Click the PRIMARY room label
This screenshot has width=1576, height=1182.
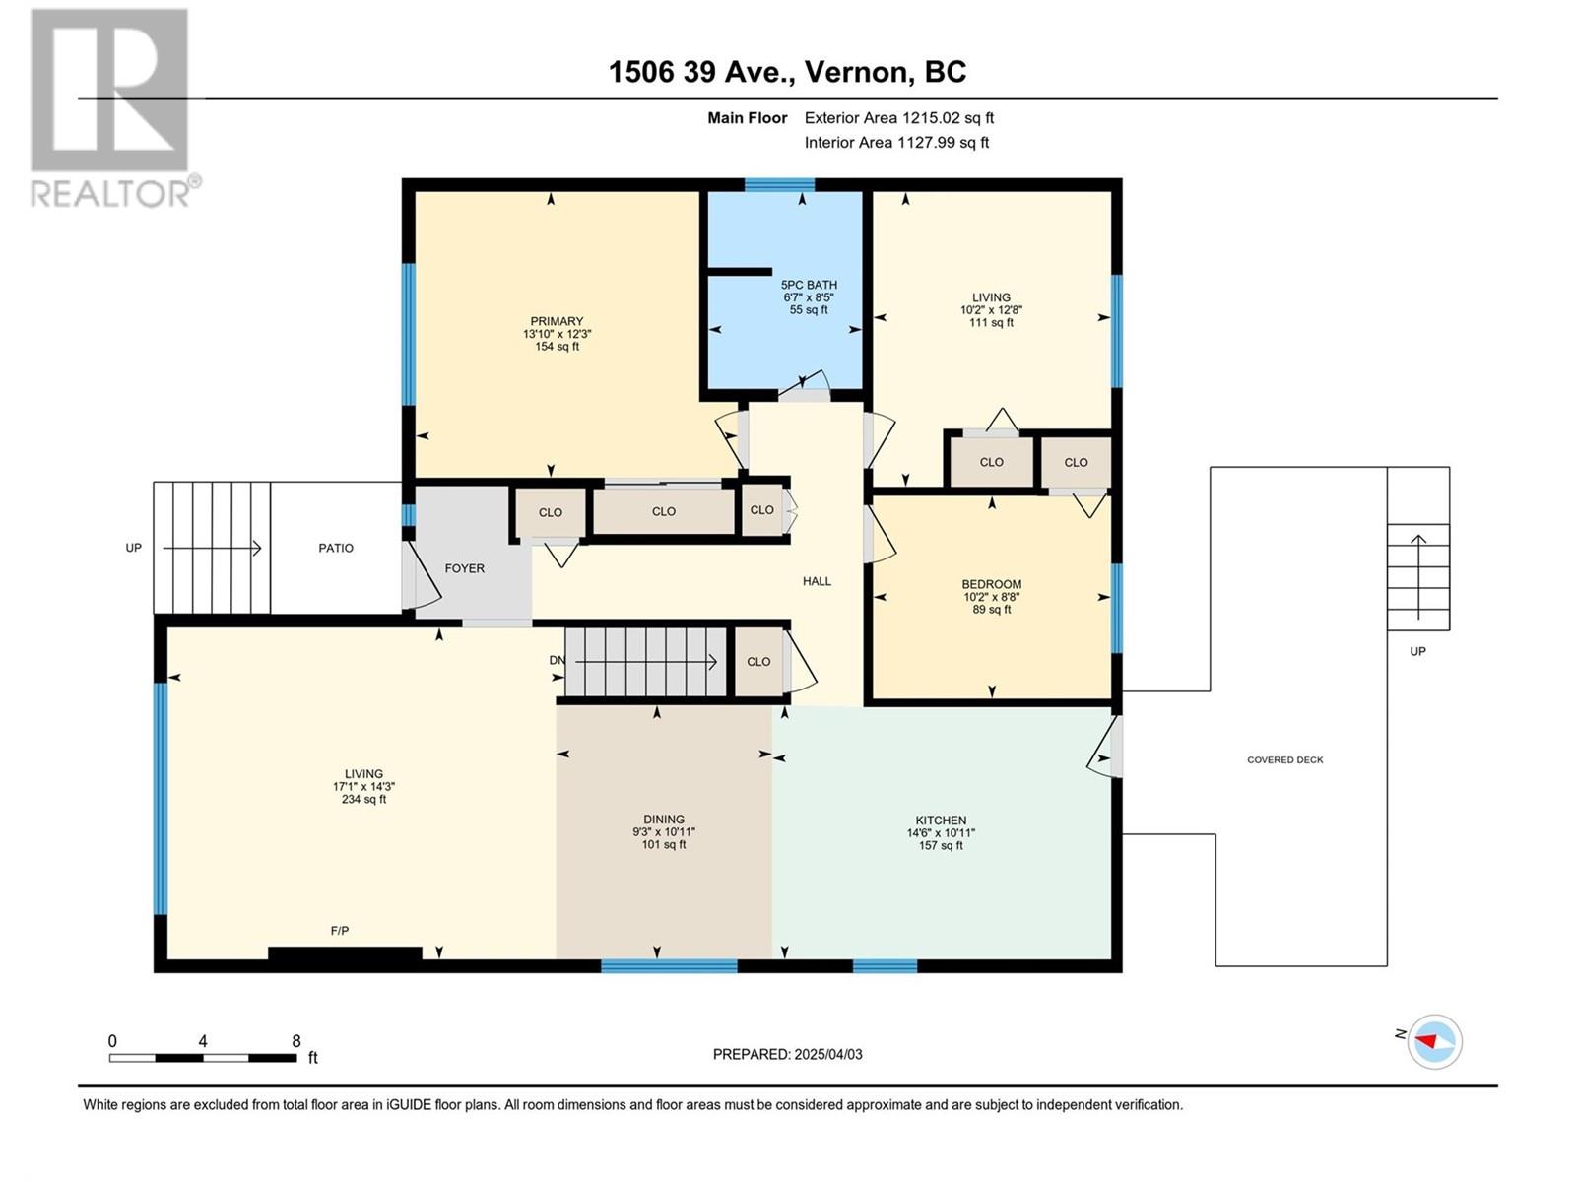pos(557,321)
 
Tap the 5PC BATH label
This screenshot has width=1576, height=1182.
pos(809,285)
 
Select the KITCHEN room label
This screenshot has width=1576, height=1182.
pos(941,821)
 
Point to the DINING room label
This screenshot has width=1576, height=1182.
pos(664,819)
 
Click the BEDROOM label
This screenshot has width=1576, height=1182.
pos(992,584)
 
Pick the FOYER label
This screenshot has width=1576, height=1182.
pos(465,568)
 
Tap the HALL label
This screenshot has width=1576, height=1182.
pos(817,581)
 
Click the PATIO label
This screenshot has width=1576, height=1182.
pos(336,549)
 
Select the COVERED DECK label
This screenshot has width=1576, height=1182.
pos(1284,760)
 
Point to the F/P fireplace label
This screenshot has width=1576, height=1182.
pos(340,931)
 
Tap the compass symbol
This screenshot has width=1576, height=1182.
pos(1434,1041)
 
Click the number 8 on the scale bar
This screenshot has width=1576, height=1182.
pos(296,1040)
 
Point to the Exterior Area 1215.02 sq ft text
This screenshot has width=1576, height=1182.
pos(899,117)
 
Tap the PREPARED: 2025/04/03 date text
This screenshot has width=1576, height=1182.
pos(788,1054)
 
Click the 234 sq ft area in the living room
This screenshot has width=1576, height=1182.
pos(364,800)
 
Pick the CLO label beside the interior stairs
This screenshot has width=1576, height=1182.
pos(758,662)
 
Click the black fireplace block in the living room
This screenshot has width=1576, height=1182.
pos(345,953)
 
